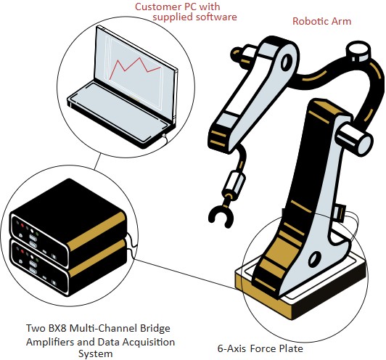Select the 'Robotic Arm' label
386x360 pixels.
click(x=321, y=21)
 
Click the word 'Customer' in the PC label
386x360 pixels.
click(x=157, y=7)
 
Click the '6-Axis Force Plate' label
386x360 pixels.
click(x=260, y=348)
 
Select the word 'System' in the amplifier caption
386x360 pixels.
click(x=96, y=354)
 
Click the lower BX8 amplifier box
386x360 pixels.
click(x=69, y=269)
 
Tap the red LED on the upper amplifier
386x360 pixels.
click(x=22, y=225)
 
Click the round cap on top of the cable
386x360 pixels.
click(x=358, y=52)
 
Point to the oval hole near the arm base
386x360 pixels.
click(x=315, y=259)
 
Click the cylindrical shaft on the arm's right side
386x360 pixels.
click(x=355, y=139)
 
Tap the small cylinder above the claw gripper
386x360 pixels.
click(x=234, y=182)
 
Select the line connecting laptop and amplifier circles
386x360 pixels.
click(x=97, y=161)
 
